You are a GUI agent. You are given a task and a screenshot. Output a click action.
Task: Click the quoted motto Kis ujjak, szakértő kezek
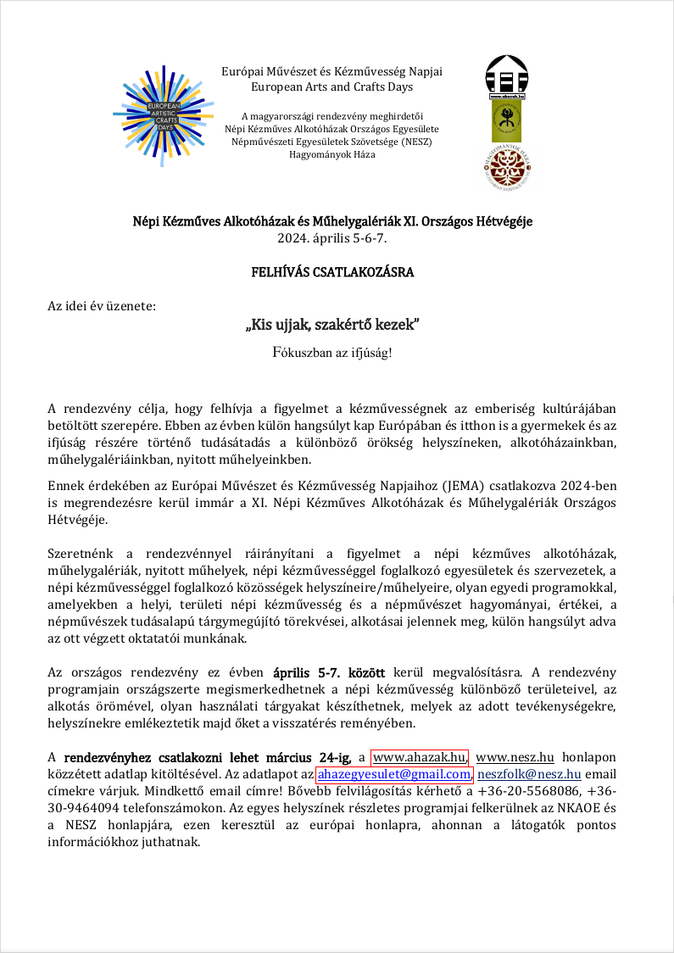[332, 325]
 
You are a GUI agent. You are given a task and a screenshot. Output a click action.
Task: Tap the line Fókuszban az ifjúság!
[332, 352]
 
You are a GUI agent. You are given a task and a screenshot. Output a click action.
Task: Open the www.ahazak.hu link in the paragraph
[420, 757]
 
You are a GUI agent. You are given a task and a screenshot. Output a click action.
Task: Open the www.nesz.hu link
[515, 757]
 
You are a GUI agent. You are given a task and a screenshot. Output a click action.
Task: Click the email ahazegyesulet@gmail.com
[393, 774]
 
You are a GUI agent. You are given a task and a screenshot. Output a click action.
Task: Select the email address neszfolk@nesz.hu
[529, 774]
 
